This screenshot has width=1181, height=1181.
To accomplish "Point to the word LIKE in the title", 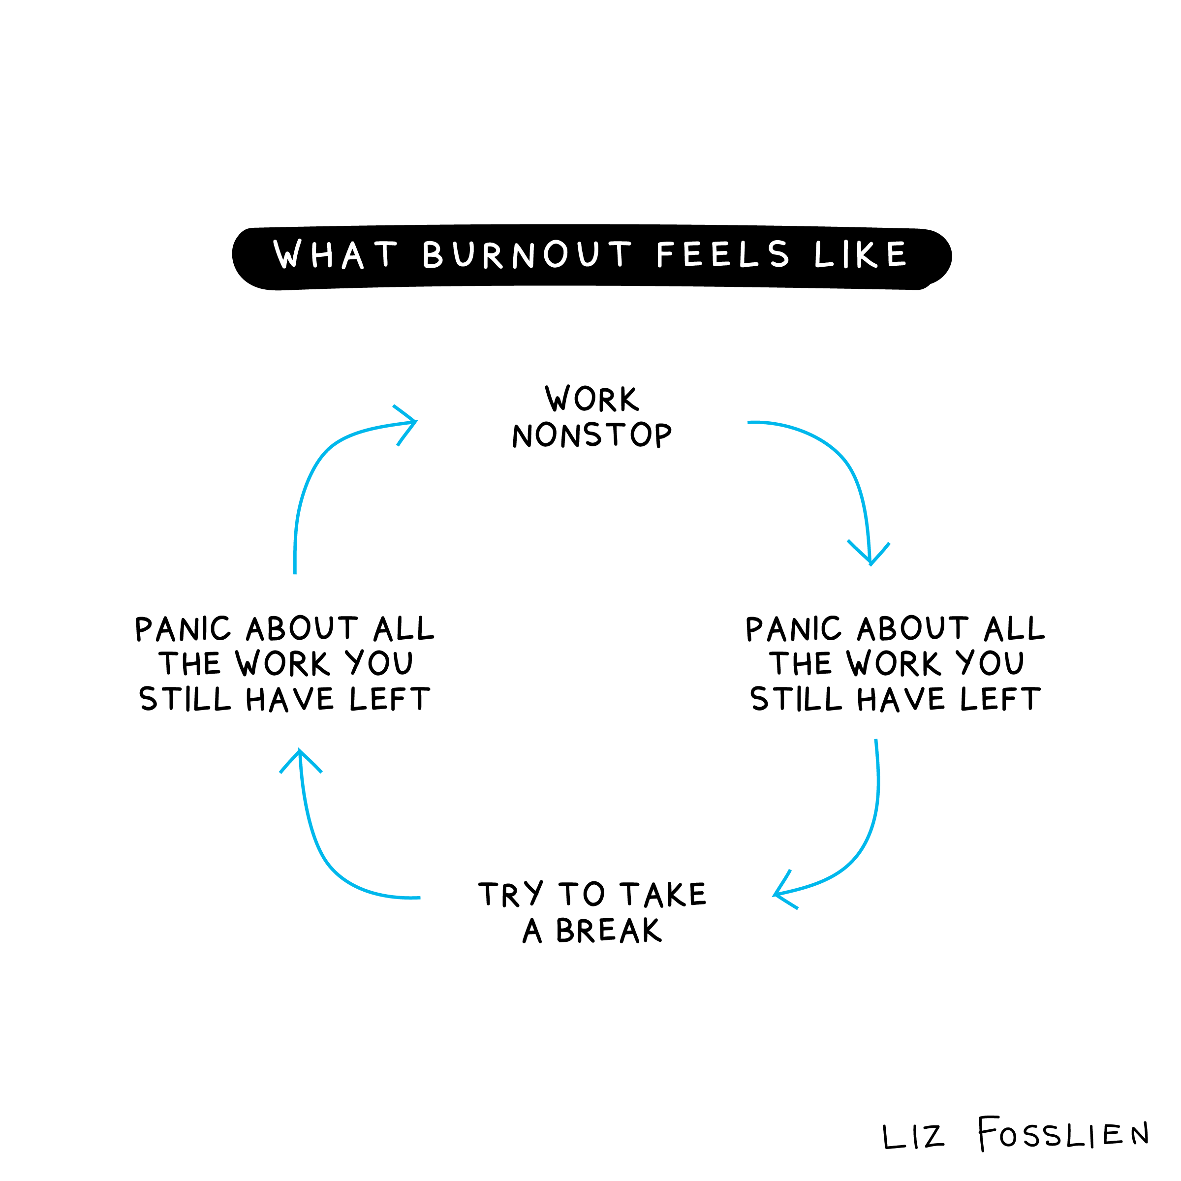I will click(861, 254).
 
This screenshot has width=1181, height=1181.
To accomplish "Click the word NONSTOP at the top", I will click(591, 435).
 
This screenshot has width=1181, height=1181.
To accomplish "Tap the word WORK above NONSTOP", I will click(591, 399).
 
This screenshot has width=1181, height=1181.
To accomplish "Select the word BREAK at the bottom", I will click(608, 931).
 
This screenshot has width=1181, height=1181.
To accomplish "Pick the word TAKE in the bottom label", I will click(663, 894).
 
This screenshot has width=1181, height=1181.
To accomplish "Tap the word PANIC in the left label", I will click(183, 629).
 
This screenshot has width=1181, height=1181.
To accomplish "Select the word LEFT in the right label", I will click(1000, 699).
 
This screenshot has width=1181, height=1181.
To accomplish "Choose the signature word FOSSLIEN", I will click(1063, 1135).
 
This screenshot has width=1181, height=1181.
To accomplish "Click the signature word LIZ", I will click(913, 1137).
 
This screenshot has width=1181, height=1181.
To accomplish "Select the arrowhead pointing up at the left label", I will click(300, 757).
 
